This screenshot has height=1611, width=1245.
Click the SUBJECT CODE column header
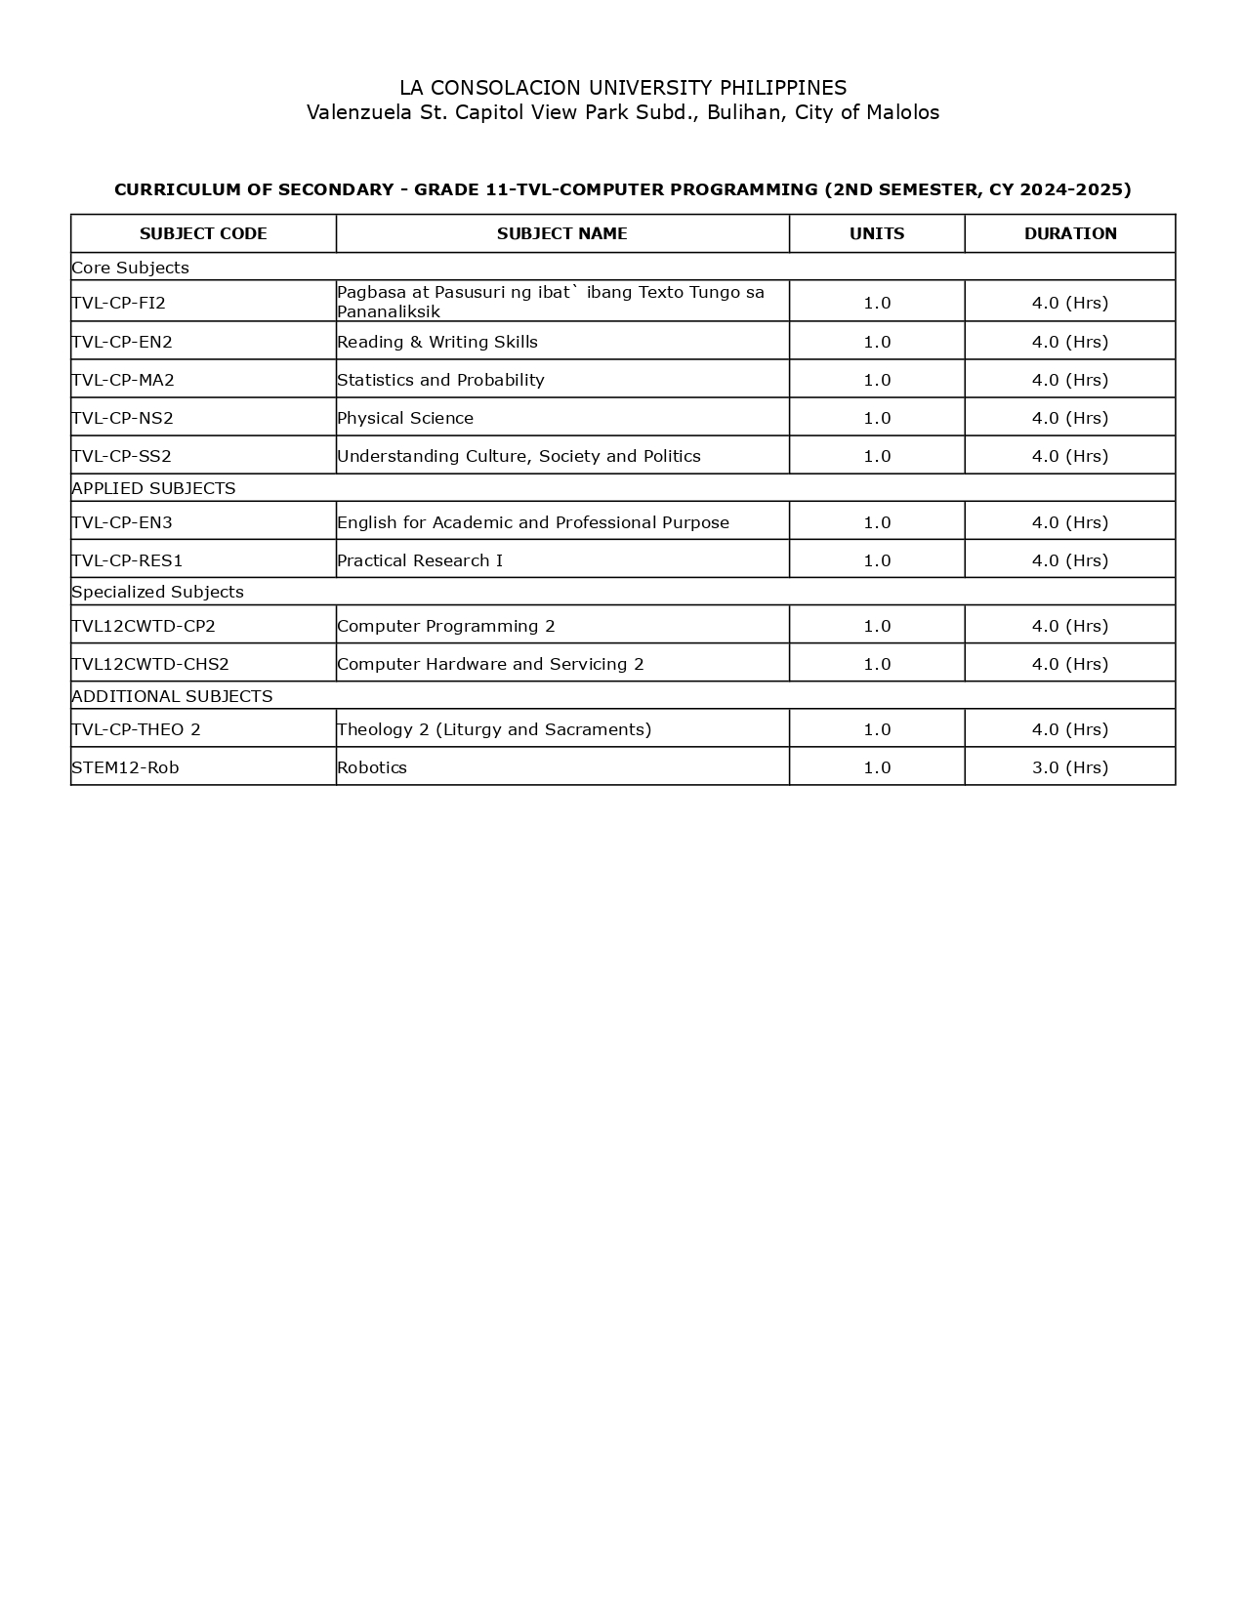click(x=203, y=233)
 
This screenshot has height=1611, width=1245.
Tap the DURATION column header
click(x=1070, y=233)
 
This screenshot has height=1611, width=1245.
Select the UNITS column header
click(x=877, y=233)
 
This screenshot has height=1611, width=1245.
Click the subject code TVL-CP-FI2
click(x=119, y=303)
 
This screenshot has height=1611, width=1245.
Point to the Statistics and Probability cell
click(x=440, y=380)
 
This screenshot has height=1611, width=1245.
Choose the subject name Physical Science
click(x=405, y=418)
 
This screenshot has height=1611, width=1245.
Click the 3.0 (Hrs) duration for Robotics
click(x=1070, y=767)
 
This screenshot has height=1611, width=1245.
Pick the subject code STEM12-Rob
click(x=125, y=767)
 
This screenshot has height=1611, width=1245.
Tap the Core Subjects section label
click(x=130, y=268)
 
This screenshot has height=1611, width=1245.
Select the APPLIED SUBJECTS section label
click(x=153, y=488)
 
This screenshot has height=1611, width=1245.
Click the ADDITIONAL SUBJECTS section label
click(x=172, y=696)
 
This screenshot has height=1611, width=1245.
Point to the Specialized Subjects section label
click(x=157, y=592)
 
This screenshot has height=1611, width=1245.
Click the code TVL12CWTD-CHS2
click(x=150, y=664)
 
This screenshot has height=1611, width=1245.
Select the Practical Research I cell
click(x=420, y=560)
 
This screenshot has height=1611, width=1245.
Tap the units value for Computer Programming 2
click(x=877, y=626)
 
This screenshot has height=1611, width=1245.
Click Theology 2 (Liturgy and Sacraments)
click(x=494, y=729)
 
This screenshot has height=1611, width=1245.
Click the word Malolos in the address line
click(x=903, y=112)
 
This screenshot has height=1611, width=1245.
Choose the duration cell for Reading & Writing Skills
click(x=1070, y=342)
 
